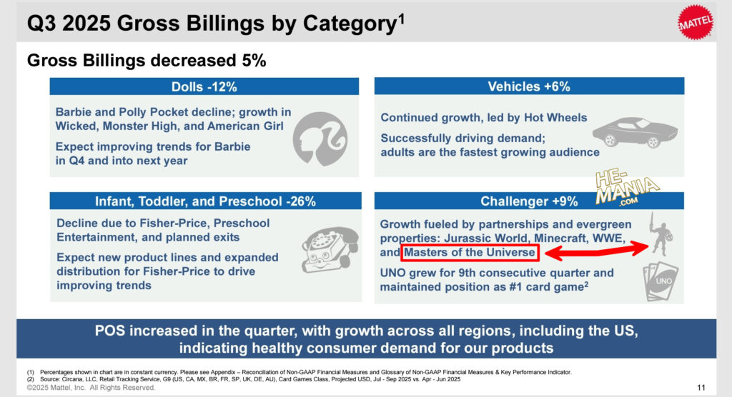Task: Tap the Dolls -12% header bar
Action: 204,86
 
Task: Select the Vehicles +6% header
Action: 529,86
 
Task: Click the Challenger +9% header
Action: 529,201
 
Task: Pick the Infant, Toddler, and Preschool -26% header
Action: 204,201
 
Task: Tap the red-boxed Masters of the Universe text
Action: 469,253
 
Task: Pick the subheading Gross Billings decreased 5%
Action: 147,61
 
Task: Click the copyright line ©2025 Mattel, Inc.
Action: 91,387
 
